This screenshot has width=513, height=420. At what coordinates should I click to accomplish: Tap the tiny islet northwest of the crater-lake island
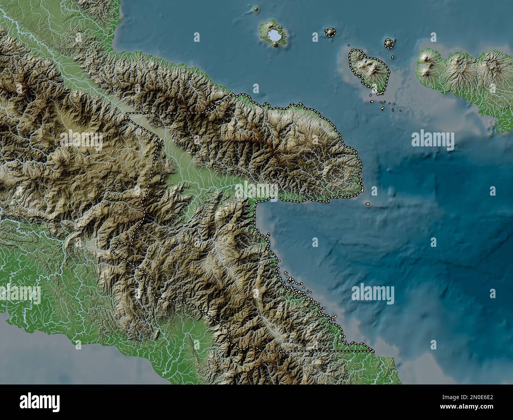click(x=256, y=9)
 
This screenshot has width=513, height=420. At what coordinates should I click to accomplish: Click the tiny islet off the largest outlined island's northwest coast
click(x=349, y=45)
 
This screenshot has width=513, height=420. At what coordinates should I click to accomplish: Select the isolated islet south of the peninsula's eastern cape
click(x=368, y=204)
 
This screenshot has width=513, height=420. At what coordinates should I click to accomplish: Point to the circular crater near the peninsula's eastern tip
click(x=338, y=172)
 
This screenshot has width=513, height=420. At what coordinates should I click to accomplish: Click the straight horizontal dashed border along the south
click(x=316, y=351)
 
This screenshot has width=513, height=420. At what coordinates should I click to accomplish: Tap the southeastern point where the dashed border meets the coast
click(x=373, y=350)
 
